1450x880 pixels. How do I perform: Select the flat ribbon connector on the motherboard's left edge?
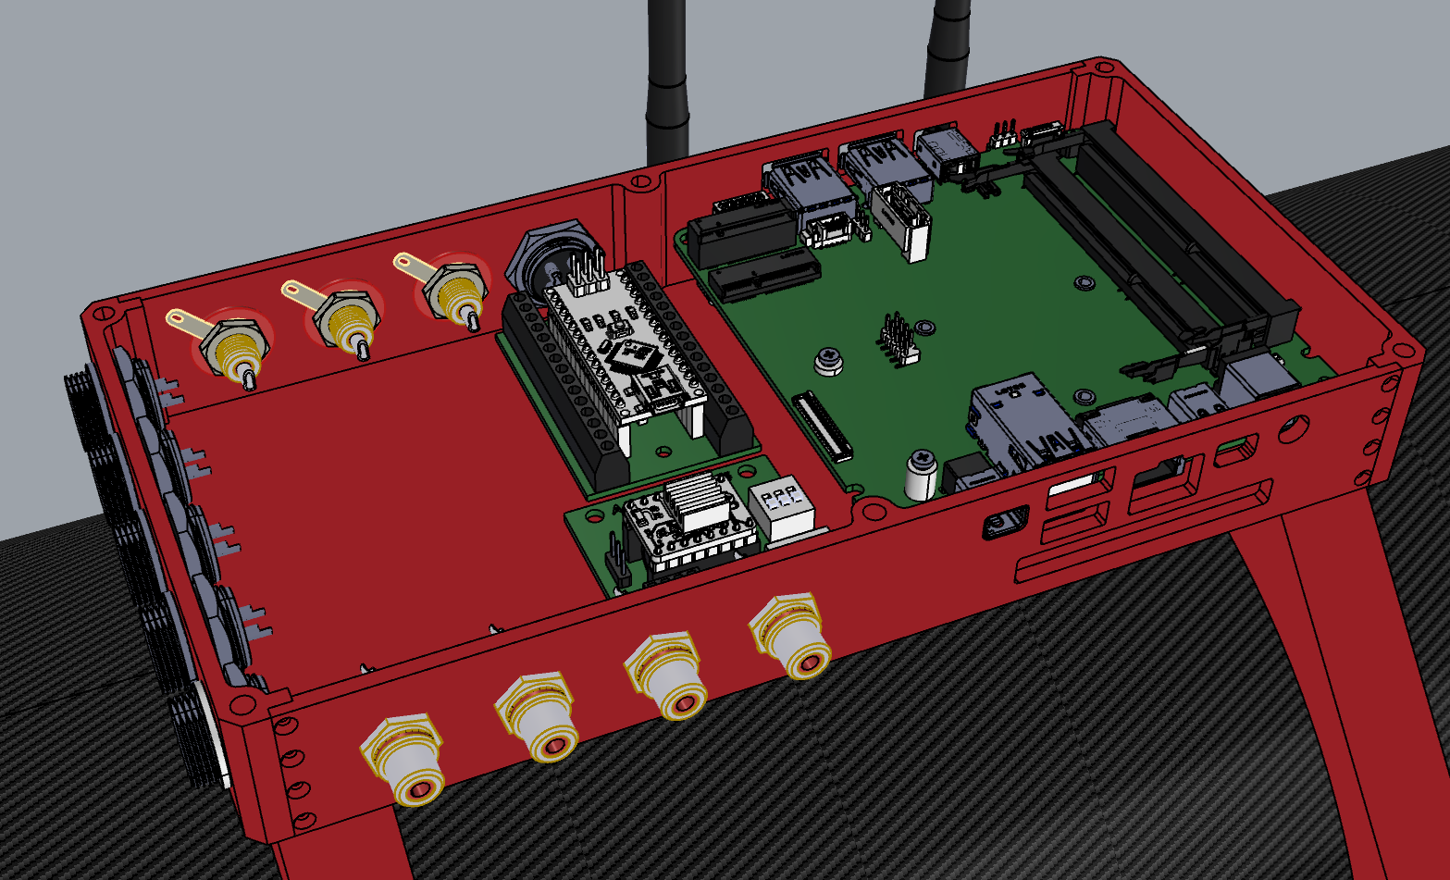click(x=822, y=426)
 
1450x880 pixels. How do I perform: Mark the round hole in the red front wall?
click(x=1293, y=428)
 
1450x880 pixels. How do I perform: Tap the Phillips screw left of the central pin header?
click(x=830, y=359)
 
